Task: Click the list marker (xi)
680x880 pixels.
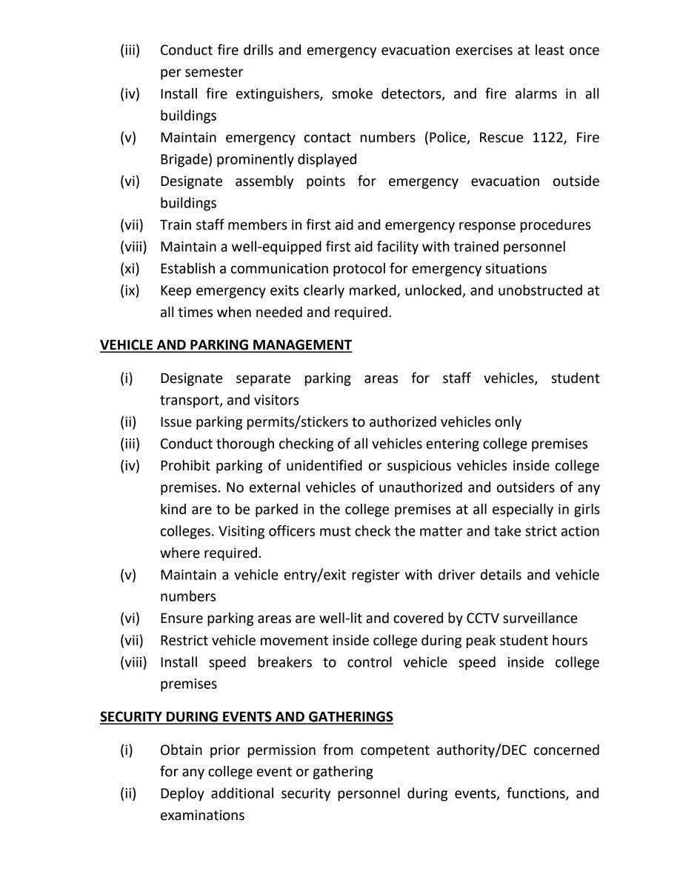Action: click(130, 268)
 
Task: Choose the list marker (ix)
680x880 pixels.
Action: click(130, 290)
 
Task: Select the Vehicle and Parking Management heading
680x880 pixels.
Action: click(226, 345)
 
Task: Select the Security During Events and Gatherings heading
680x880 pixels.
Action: click(247, 717)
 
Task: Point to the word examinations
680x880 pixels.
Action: click(202, 816)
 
